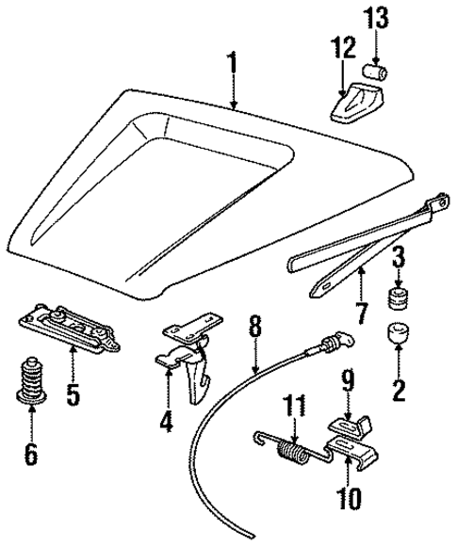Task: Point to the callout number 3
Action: coord(399,255)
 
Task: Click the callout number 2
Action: coord(399,387)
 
